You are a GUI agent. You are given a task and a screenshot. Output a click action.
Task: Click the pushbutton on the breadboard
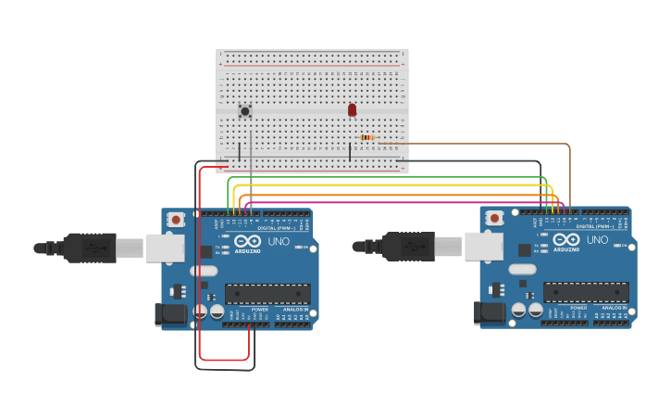pyautogui.click(x=245, y=111)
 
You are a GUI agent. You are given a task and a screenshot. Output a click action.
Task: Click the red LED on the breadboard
pyautogui.click(x=352, y=109)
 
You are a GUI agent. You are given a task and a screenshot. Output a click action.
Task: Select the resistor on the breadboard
pyautogui.click(x=367, y=137)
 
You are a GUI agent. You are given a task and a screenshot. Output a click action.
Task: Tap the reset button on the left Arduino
pyautogui.click(x=176, y=220)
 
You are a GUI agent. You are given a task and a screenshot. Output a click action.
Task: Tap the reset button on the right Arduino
pyautogui.click(x=494, y=218)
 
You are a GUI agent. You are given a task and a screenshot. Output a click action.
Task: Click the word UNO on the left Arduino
pyautogui.click(x=279, y=241)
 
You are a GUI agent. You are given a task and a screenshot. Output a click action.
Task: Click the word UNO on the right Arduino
pyautogui.click(x=597, y=239)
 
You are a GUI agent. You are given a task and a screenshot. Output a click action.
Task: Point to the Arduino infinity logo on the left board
pyautogui.click(x=247, y=240)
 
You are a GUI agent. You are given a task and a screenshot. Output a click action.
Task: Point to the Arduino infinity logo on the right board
pyautogui.click(x=565, y=238)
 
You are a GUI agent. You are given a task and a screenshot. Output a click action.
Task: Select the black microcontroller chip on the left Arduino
pyautogui.click(x=267, y=294)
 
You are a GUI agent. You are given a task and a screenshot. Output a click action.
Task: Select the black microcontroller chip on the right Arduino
pyautogui.click(x=586, y=292)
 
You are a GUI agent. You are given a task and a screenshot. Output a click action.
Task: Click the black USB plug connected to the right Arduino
pyautogui.click(x=408, y=247)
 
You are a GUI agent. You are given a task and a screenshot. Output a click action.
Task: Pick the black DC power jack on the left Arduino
pyautogui.click(x=171, y=314)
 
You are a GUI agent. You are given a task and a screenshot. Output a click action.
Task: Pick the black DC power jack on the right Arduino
pyautogui.click(x=490, y=312)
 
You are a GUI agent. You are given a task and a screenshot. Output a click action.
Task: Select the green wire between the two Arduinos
pyautogui.click(x=389, y=177)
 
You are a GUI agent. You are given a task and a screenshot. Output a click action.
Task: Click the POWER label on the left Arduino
pyautogui.click(x=260, y=309)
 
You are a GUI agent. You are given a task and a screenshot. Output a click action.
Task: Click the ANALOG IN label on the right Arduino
pyautogui.click(x=613, y=307)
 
